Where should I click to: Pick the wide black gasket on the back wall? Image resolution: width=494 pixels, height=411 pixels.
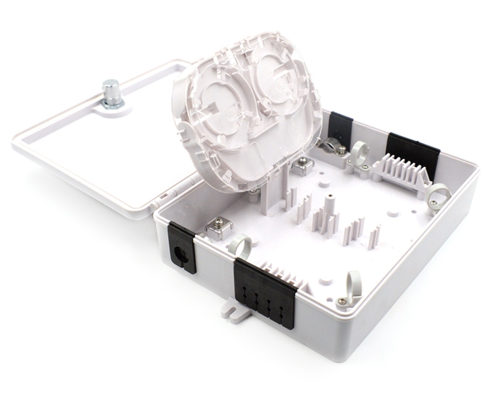(x=412, y=151)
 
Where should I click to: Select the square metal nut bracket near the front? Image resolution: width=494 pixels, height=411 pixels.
(x=218, y=227)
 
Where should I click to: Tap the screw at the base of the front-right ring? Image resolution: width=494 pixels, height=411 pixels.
(x=341, y=301)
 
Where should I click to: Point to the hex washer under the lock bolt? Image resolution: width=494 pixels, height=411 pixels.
(x=113, y=104)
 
